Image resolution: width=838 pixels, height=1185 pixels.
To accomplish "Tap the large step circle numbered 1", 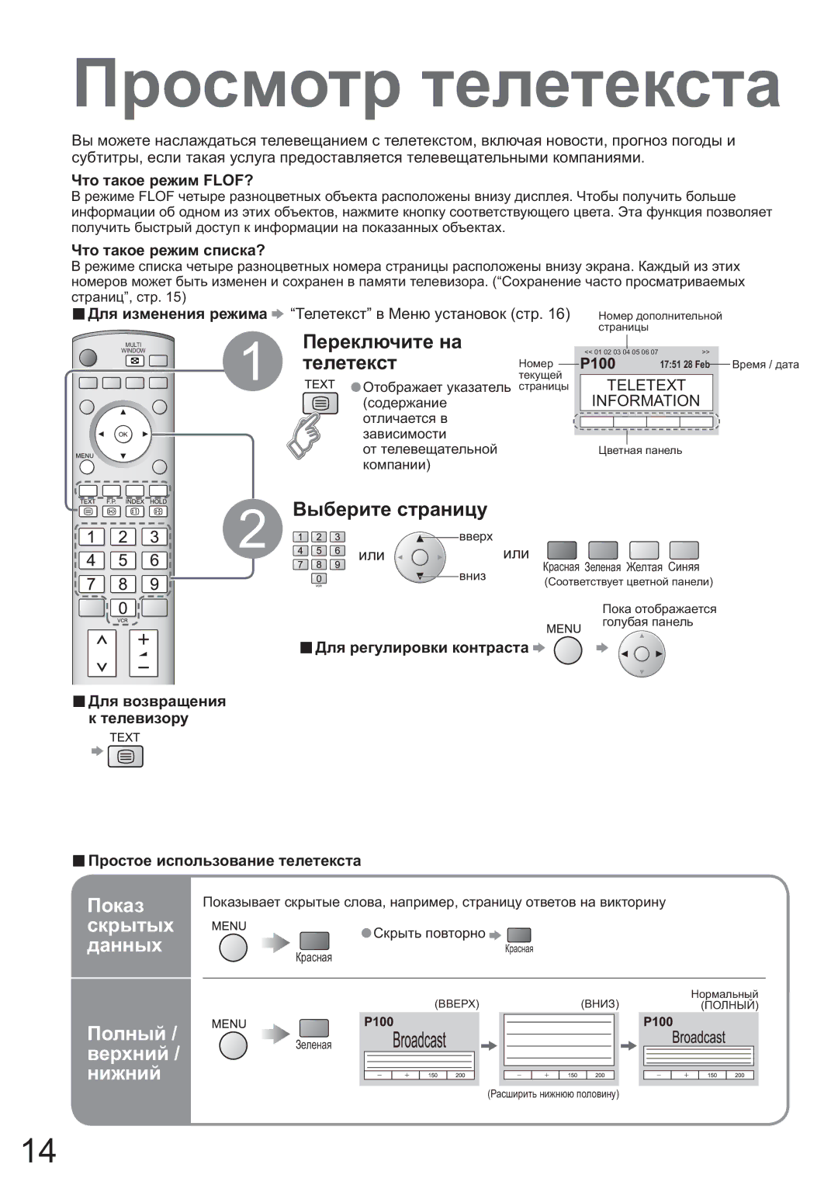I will (x=253, y=361).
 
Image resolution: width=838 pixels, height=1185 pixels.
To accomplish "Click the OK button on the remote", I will (x=123, y=435).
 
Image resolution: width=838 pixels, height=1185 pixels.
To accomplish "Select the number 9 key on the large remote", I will (x=154, y=584).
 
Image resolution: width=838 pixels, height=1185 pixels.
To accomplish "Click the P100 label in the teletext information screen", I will (x=597, y=364).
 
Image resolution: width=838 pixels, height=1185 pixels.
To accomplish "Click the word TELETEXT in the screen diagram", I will (x=646, y=385).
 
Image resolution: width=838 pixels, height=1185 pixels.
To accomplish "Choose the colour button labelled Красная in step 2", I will (x=562, y=550).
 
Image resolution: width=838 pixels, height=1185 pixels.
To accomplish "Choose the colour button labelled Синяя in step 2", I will (x=684, y=550).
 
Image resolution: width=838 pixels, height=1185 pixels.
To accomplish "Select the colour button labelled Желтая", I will (x=643, y=550).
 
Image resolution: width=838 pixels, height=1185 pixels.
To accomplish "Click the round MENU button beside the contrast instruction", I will (x=568, y=650).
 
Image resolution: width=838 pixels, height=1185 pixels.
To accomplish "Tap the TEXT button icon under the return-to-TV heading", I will (x=126, y=757).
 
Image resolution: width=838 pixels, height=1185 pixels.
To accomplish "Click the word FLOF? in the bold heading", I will (x=228, y=180).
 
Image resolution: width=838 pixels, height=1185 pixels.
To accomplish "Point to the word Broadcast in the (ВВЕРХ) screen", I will (x=419, y=1040).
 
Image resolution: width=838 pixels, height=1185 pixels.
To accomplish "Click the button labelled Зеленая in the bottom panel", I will (x=313, y=1028).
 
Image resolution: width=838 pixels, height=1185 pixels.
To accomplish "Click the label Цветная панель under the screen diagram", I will (x=640, y=450).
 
